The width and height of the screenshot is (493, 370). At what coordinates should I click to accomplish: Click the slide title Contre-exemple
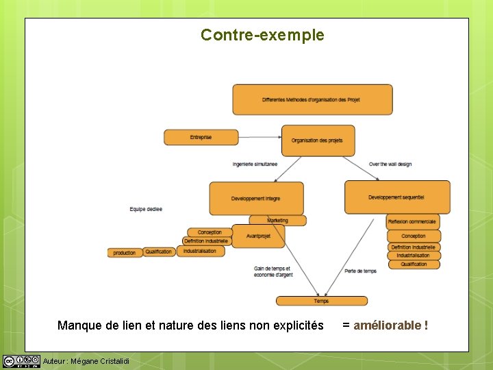262,35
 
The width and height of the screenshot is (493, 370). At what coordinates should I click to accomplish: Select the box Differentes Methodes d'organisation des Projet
312,100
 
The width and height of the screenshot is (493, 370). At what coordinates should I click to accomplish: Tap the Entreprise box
201,137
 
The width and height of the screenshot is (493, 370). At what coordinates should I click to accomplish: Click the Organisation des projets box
318,140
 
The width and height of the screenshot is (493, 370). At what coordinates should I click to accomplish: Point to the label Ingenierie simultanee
255,164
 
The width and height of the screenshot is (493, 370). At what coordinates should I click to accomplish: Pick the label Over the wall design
390,164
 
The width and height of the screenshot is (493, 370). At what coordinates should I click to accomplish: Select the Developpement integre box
256,198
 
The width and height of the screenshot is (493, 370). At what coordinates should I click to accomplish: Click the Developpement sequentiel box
397,197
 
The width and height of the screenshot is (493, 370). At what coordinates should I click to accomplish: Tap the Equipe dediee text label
146,209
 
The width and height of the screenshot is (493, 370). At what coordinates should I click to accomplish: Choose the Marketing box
277,221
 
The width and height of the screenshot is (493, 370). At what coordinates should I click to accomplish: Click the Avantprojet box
258,236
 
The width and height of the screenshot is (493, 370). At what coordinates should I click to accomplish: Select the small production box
125,253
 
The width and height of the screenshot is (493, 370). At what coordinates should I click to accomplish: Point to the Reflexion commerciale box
413,222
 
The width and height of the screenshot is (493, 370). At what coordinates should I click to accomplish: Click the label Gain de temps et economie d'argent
273,271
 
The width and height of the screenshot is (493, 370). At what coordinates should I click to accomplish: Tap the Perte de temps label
361,271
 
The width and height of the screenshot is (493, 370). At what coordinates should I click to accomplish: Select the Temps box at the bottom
321,301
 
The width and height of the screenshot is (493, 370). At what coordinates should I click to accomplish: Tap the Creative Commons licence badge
21,361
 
